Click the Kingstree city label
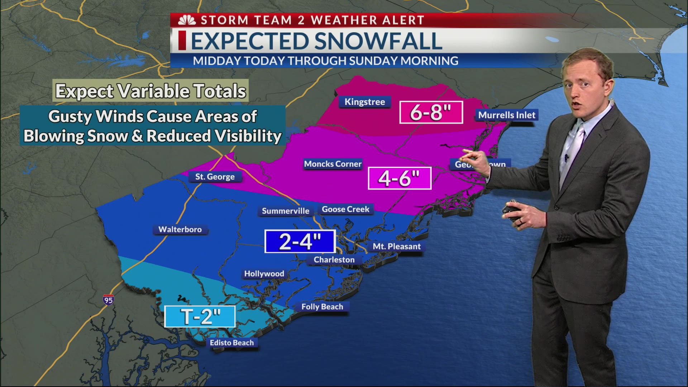364,102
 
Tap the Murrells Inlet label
507,115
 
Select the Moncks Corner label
333,164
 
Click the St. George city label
215,177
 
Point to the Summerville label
285,211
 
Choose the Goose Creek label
345,209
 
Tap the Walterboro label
180,229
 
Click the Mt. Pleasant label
396,247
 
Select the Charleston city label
334,260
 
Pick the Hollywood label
264,274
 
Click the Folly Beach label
322,307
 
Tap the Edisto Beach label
231,343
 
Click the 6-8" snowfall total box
431,113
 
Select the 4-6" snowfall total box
400,178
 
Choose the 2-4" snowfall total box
300,241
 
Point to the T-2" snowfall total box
200,316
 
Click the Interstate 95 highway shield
108,300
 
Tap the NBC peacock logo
187,20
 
